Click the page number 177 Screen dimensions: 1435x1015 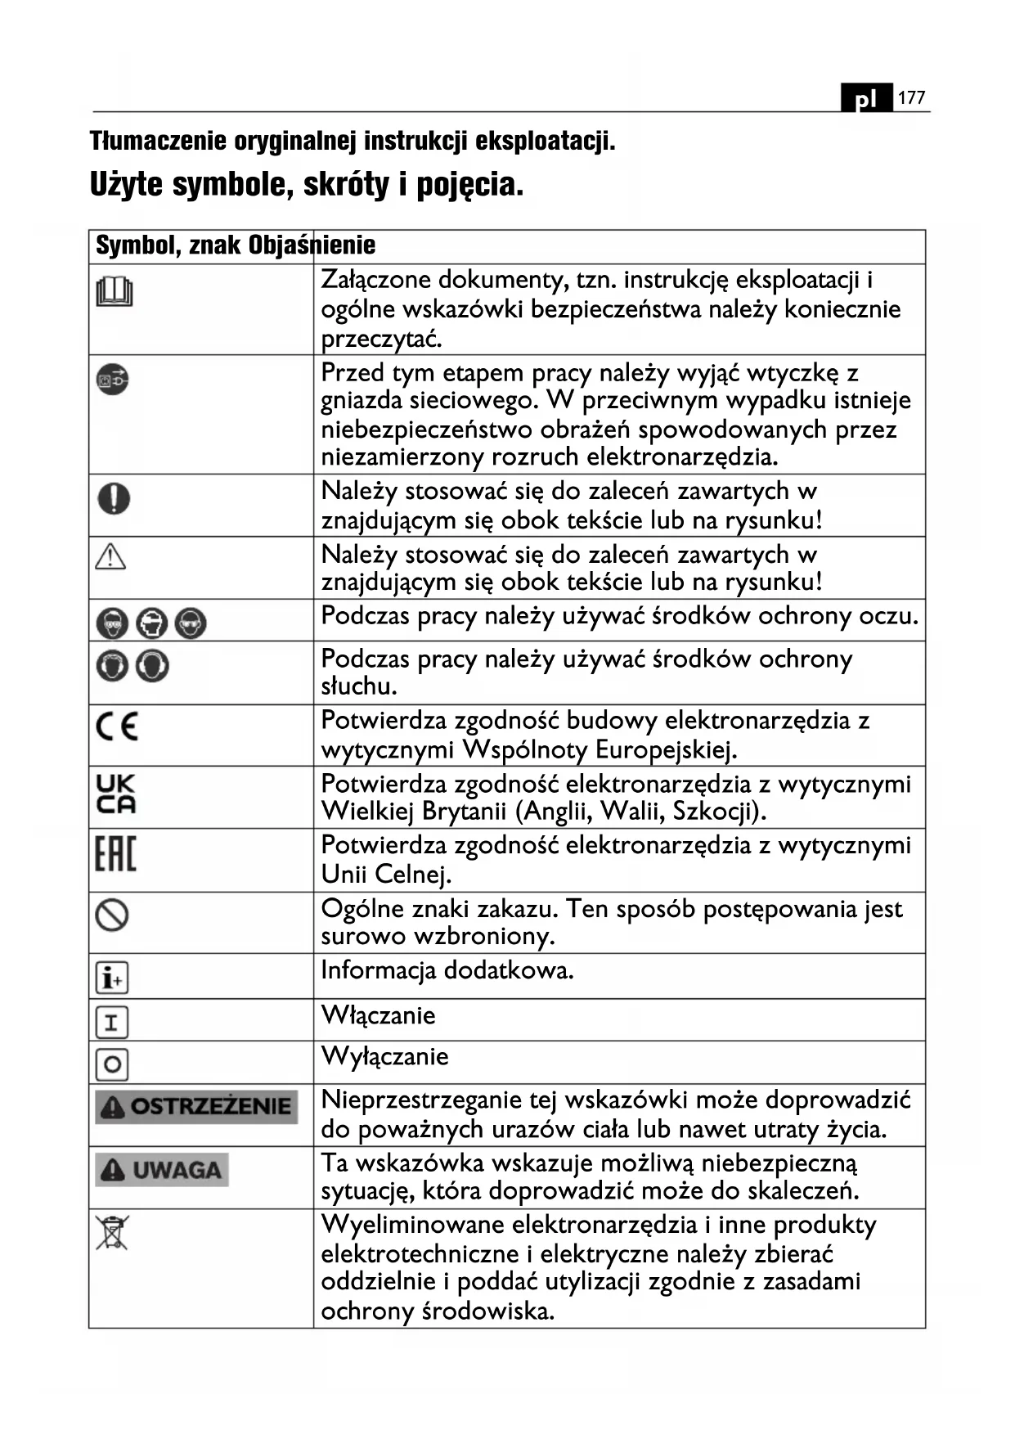pos(911,98)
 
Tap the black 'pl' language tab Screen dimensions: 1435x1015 pos(866,99)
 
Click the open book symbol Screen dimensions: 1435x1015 pos(115,291)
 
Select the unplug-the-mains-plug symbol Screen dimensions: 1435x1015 pos(113,380)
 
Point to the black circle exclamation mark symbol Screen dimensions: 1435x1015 pos(114,497)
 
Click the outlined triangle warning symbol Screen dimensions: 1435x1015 pos(110,557)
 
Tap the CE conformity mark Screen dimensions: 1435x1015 pos(117,726)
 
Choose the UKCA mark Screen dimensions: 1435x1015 pos(116,794)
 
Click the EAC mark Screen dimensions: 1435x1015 pos(115,853)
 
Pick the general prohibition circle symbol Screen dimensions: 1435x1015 pos(112,915)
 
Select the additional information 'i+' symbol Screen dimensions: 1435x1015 pos(112,978)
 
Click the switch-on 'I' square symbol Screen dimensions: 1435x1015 pos(112,1022)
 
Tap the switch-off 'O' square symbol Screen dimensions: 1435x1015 pos(112,1064)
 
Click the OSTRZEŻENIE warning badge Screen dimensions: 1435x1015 pos(196,1106)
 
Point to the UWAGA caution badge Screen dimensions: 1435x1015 pos(161,1170)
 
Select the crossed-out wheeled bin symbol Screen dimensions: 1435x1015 pos(112,1233)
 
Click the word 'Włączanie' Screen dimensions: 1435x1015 pos(378,1015)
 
